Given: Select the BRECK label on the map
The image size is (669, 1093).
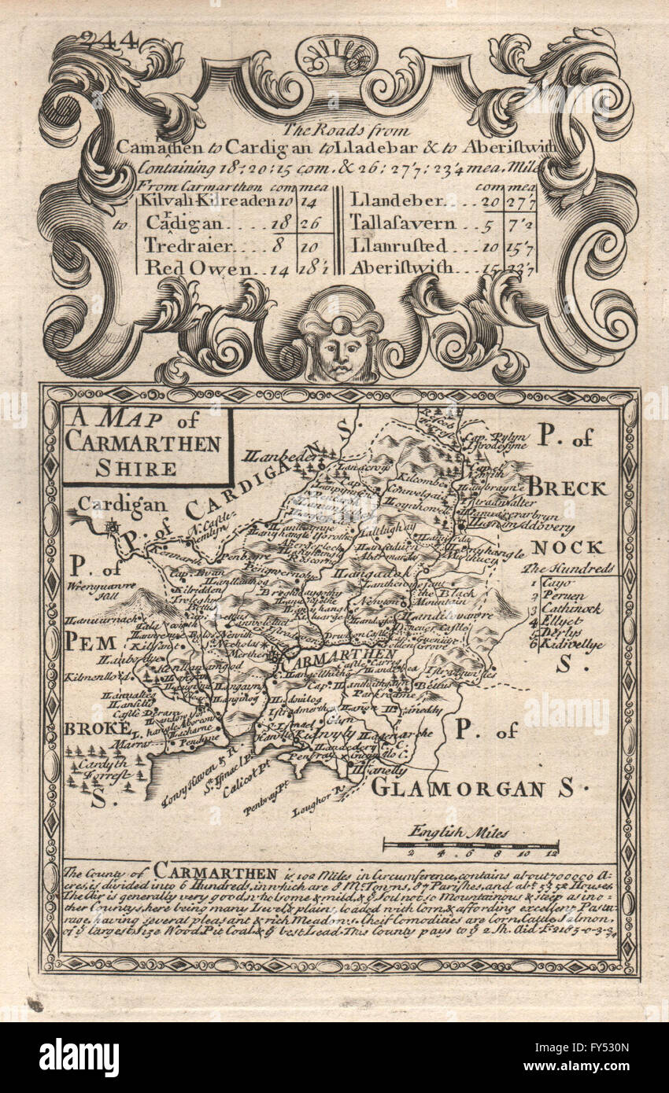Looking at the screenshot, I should (x=567, y=488).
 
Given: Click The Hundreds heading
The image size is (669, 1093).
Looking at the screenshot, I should (x=570, y=568).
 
